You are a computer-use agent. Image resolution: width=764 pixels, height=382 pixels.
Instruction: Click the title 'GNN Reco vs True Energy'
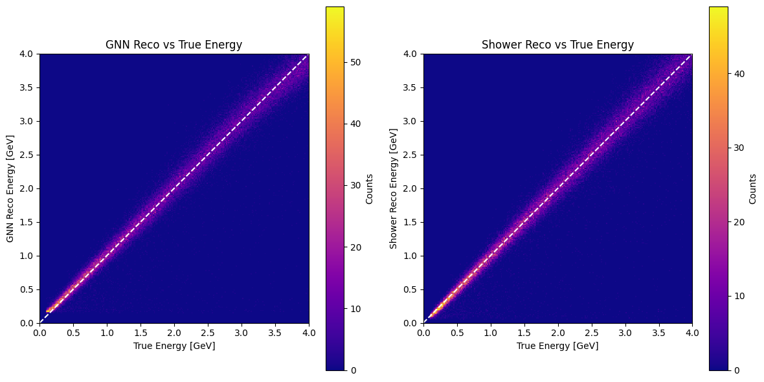tap(174, 45)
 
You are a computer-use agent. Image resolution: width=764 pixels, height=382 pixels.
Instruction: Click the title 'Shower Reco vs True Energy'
tap(557, 45)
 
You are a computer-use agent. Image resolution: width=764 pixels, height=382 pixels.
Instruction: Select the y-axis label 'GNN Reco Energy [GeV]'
tap(10, 188)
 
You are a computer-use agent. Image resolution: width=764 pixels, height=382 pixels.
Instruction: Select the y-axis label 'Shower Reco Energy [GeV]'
tap(393, 188)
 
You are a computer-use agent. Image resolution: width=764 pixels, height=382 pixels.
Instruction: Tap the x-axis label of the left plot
tap(174, 346)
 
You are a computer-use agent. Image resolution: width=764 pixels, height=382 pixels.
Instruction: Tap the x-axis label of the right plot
tap(557, 346)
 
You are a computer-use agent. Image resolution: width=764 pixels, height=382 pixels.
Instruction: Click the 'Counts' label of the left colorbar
tap(369, 188)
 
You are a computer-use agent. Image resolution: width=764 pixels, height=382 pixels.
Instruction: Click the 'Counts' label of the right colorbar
tap(752, 188)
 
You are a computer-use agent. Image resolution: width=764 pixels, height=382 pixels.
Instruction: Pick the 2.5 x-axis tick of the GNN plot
tap(208, 333)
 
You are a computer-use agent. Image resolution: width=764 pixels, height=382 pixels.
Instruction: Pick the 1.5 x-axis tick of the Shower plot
tap(524, 333)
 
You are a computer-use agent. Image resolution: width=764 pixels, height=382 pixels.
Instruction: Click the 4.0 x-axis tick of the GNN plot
tap(309, 333)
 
